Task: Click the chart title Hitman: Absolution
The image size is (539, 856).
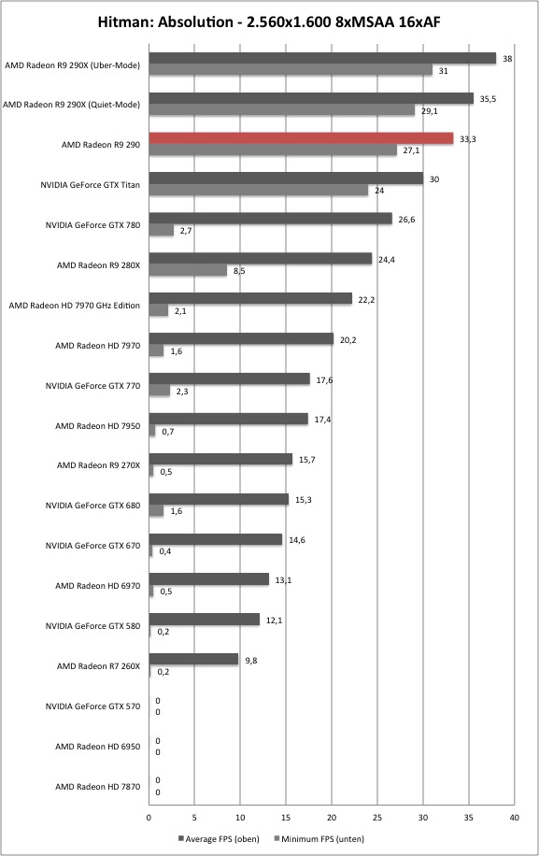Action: [x=165, y=22]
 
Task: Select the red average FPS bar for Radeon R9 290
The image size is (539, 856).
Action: [x=301, y=138]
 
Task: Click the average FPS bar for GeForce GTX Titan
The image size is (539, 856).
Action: [x=286, y=178]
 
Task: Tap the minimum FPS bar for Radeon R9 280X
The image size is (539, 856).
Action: [x=188, y=270]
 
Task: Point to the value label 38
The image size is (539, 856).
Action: [x=507, y=59]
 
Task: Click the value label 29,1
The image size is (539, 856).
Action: [x=430, y=111]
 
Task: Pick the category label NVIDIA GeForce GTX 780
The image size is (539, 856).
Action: [x=92, y=225]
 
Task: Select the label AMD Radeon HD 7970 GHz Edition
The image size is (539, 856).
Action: [x=74, y=306]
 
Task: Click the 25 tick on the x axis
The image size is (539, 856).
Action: [x=377, y=818]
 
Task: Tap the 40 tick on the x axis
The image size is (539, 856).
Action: [x=515, y=818]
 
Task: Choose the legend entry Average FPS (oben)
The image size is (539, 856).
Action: [x=219, y=839]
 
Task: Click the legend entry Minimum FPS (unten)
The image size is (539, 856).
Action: [x=319, y=839]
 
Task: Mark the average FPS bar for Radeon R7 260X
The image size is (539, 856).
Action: [x=193, y=660]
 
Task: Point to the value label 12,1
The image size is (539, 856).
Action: [x=274, y=621]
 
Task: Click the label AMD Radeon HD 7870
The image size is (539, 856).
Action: [x=98, y=787]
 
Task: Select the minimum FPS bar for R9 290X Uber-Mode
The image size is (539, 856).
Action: [x=291, y=70]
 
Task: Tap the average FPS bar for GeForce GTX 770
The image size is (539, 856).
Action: [x=229, y=378]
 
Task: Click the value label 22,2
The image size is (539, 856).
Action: [x=366, y=300]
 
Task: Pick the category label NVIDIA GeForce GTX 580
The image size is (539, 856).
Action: [x=92, y=626]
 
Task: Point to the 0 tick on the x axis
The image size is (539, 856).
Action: [x=149, y=818]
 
